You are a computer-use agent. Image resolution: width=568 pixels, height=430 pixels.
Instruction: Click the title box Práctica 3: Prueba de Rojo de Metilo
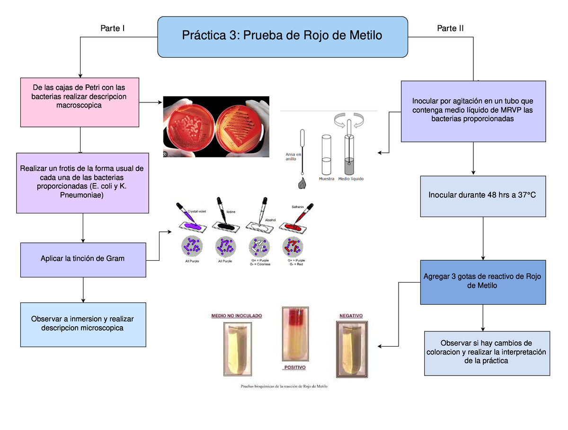282,37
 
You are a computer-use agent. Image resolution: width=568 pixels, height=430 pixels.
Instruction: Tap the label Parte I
113,28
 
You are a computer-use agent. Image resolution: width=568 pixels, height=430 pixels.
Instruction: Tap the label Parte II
450,28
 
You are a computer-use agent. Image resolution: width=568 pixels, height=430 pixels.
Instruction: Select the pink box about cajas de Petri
80,102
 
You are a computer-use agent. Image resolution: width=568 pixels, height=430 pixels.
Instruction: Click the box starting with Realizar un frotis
82,183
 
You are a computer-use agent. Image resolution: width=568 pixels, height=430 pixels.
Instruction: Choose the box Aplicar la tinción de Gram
83,259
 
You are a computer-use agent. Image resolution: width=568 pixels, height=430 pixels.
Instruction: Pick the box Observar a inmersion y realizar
83,324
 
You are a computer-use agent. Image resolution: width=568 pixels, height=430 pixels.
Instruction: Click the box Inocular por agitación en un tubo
473,111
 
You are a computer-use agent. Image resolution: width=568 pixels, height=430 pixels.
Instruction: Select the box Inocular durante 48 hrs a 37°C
482,196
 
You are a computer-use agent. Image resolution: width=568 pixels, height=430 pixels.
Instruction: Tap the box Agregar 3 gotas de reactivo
482,282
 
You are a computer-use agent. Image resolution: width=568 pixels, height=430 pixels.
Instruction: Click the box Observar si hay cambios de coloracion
487,353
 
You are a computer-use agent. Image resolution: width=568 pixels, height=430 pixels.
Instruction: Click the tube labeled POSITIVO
295,334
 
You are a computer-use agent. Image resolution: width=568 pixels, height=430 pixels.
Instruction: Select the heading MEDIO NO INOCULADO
236,315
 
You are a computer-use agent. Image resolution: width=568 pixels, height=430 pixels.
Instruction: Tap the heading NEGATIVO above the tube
351,315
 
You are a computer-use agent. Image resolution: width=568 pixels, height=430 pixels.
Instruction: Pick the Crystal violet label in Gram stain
199,211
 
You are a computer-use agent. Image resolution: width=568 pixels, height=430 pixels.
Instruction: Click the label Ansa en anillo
293,156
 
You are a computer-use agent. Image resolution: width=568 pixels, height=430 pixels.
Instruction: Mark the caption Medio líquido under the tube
351,179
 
